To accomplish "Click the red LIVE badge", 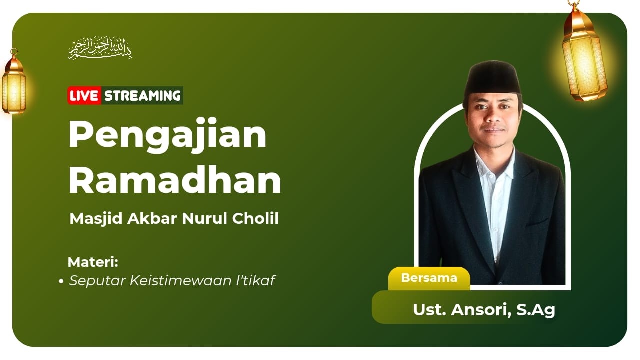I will tap(84, 95).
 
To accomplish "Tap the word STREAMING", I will tap(142, 95).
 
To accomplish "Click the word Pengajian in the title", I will tap(167, 135).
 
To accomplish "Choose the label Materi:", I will tap(93, 262).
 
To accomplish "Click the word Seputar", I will tap(97, 281).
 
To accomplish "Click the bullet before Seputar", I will tap(61, 282).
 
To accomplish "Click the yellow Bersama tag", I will tap(429, 278).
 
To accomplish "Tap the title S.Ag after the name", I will tap(536, 310).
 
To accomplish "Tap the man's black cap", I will tap(492, 78).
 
